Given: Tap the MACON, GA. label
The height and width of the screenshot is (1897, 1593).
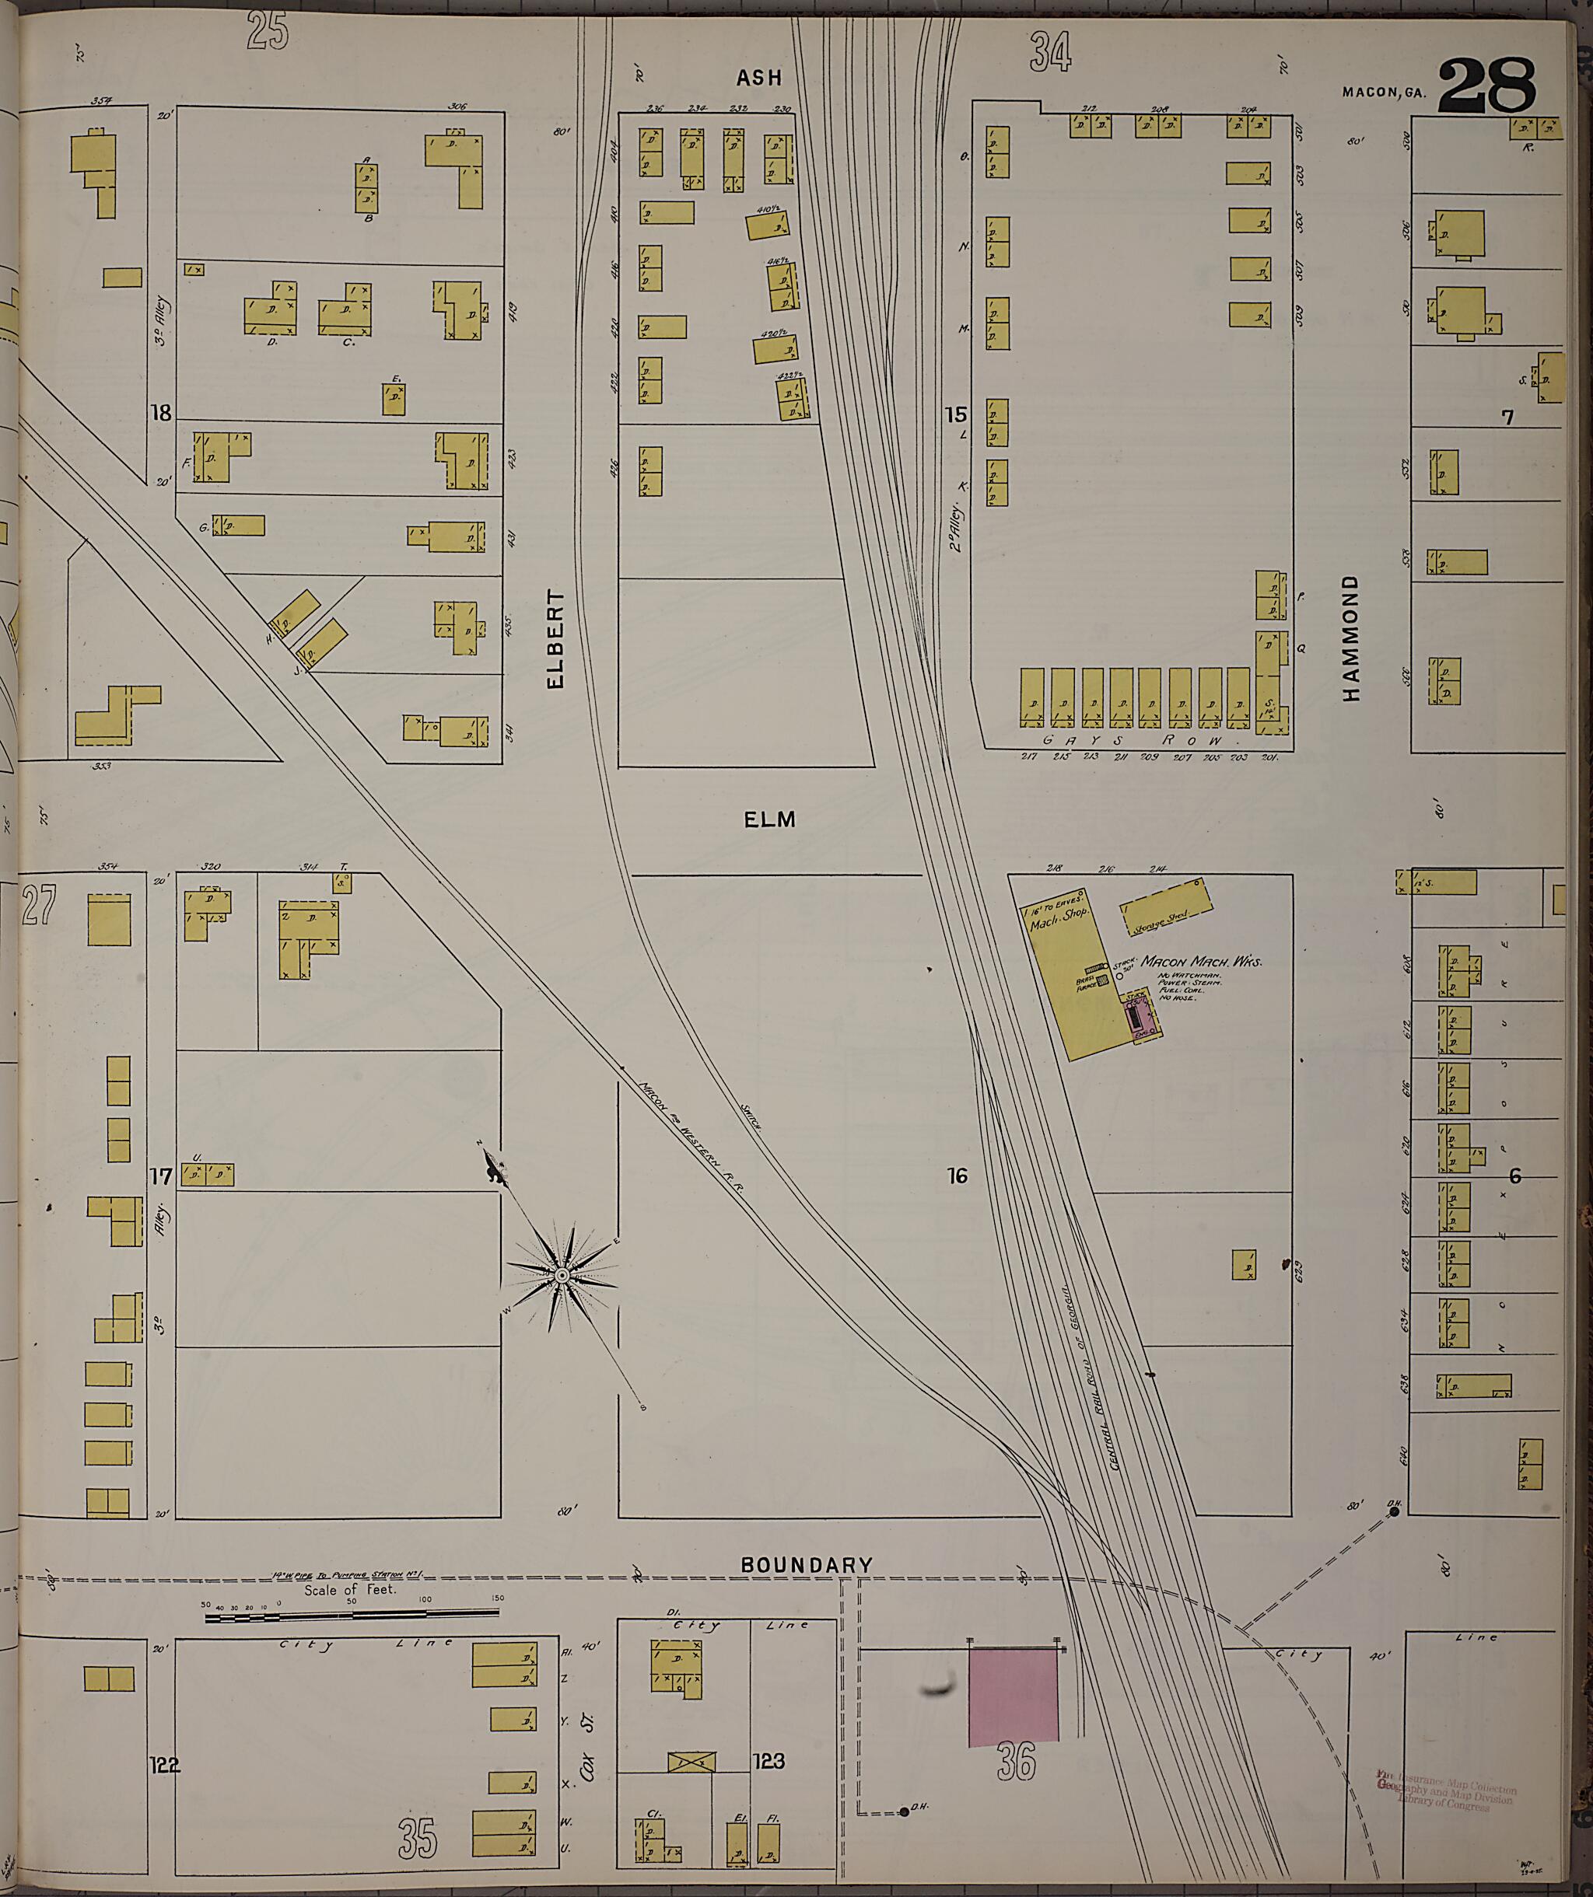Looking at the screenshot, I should (1382, 93).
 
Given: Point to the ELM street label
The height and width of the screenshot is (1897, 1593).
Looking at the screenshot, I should (770, 819).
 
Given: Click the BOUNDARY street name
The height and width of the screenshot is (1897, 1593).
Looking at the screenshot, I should (807, 1564).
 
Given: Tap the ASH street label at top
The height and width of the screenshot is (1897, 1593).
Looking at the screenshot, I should (759, 78).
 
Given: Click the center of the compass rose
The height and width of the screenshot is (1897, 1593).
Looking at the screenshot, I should (561, 1274).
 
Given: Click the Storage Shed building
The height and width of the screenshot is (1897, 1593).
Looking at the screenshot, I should (1167, 908).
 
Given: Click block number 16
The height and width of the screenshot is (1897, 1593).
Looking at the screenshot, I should (958, 1176).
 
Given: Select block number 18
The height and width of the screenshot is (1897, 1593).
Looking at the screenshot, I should (161, 414).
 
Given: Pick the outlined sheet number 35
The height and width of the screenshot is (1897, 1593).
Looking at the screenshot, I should (417, 1840).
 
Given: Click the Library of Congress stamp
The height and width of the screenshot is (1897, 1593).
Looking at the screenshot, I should (1446, 1789).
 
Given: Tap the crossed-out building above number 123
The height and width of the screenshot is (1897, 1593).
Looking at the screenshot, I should (691, 1762).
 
